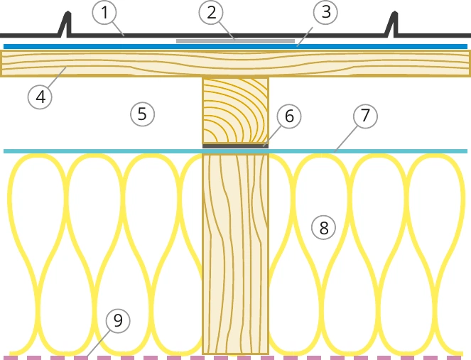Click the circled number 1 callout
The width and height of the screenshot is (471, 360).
click(104, 12)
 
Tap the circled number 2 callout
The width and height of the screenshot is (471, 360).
click(212, 12)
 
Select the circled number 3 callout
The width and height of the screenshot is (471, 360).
click(325, 12)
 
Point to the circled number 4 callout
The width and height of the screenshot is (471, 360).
click(40, 97)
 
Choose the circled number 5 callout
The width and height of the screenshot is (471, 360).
click(142, 114)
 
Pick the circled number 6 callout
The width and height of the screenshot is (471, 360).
click(289, 116)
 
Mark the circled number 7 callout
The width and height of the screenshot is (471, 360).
click(365, 116)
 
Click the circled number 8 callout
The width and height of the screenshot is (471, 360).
click(323, 228)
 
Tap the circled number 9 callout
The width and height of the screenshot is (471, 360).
click(118, 321)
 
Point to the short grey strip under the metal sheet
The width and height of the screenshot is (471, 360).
click(236, 41)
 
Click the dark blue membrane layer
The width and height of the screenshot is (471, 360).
click(236, 47)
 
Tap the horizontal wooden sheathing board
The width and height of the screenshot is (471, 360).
click(236, 64)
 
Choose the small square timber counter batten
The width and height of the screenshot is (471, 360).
click(236, 111)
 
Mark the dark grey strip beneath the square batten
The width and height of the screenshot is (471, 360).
click(236, 146)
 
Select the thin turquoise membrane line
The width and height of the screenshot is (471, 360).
click(236, 151)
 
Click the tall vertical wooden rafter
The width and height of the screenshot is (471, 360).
click(236, 254)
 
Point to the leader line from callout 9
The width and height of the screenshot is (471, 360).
click(98, 344)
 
